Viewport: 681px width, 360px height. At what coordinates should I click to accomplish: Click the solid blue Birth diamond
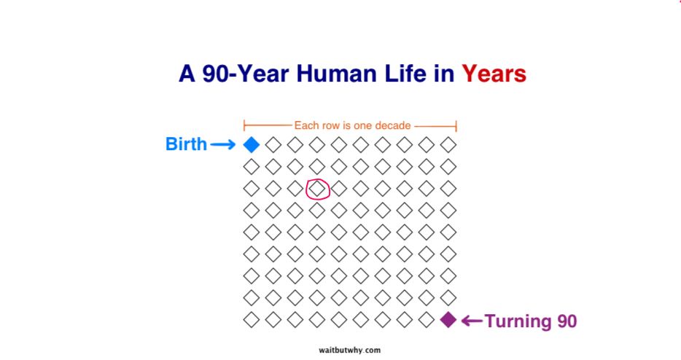click(252, 144)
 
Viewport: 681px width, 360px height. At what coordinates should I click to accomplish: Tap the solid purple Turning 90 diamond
click(448, 320)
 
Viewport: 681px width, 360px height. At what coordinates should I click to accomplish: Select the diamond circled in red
click(317, 189)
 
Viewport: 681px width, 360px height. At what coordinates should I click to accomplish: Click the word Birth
click(186, 144)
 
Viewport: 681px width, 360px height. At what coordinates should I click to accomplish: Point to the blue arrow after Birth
click(223, 144)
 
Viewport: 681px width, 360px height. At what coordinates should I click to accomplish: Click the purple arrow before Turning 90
click(472, 321)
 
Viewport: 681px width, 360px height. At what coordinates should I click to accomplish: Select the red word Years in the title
click(494, 74)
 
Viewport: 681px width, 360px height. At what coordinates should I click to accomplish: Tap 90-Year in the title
click(246, 74)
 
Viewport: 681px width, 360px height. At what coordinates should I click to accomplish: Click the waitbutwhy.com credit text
click(350, 350)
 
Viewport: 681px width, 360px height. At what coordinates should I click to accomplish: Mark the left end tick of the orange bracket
click(244, 126)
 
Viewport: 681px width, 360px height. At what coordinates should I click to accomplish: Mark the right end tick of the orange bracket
click(456, 126)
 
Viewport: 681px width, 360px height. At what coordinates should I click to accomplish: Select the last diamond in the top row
click(448, 144)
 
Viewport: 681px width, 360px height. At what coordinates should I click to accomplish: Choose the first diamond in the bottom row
click(252, 320)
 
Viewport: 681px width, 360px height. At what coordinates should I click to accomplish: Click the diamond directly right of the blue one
click(273, 144)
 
